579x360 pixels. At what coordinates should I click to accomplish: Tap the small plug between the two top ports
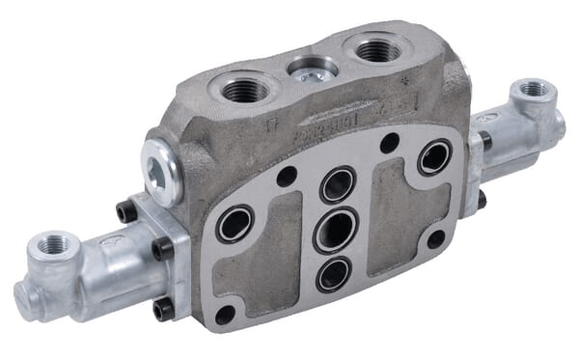click(311, 71)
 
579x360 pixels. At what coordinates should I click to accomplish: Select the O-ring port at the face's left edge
click(234, 225)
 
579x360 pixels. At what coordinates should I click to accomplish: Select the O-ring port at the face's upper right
click(434, 157)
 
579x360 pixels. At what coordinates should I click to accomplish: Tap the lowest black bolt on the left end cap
click(162, 308)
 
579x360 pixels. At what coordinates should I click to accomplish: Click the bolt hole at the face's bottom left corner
click(225, 315)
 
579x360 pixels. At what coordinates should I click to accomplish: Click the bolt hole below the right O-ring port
click(436, 237)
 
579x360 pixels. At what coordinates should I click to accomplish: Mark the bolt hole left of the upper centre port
click(286, 176)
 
